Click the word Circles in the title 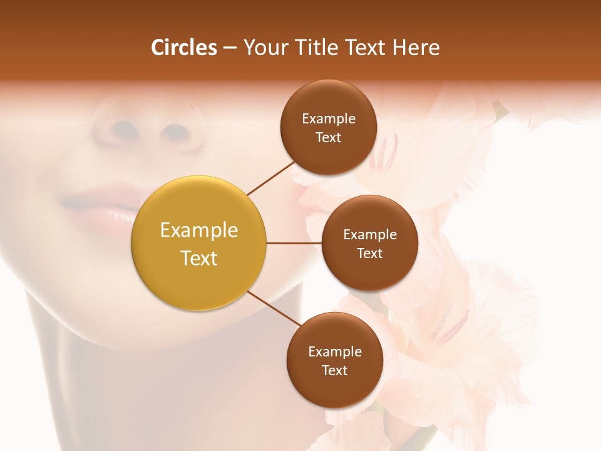(184, 48)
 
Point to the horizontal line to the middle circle (294, 243)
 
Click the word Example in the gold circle (199, 231)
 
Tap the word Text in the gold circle (199, 258)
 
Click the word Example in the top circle (328, 119)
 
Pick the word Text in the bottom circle (334, 371)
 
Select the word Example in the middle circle (369, 235)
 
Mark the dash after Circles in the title (230, 48)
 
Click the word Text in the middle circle (369, 254)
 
